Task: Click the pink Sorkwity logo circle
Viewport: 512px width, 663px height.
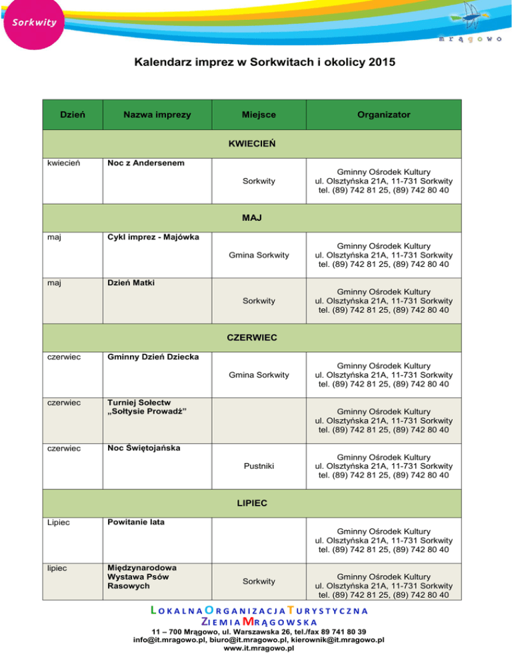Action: (31, 23)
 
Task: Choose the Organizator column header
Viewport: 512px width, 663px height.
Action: (383, 115)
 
